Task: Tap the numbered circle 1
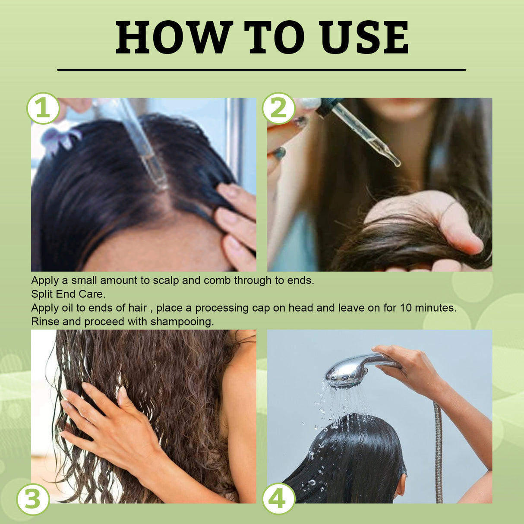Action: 43,108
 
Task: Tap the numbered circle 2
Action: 279,108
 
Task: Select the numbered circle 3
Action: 33,499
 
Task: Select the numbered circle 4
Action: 278,499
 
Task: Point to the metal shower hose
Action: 439,453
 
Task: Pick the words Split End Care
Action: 68,294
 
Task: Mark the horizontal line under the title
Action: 262,69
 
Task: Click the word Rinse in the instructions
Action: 45,322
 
